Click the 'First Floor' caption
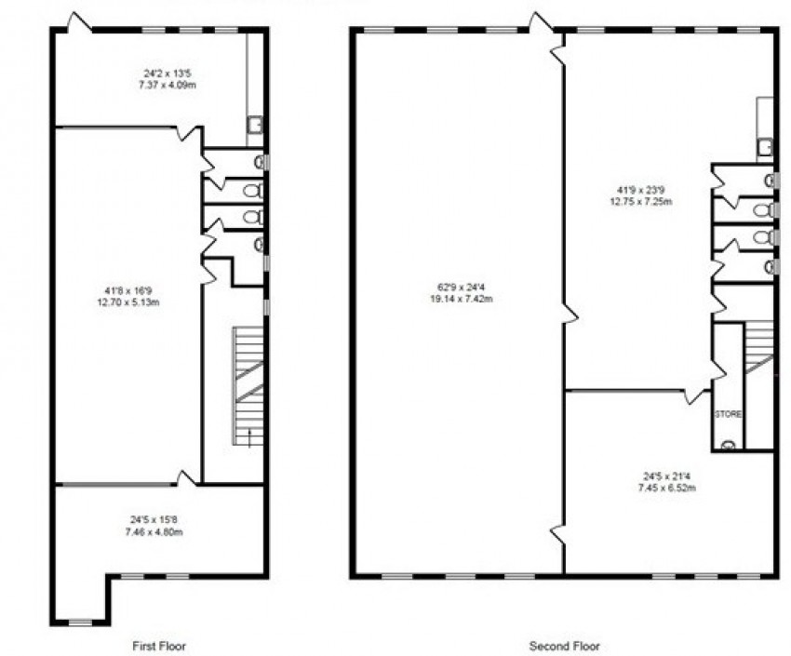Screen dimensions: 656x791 (x=160, y=645)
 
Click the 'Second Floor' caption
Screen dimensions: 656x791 (x=564, y=645)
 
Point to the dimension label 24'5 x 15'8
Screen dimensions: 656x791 (x=155, y=527)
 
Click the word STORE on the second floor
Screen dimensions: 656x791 (x=727, y=414)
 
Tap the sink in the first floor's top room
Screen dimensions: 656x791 (x=255, y=124)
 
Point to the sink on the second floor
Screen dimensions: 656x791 (x=765, y=146)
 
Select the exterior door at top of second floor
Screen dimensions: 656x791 (x=540, y=21)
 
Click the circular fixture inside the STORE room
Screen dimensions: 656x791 (x=727, y=444)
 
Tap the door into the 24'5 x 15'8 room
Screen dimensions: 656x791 (x=186, y=477)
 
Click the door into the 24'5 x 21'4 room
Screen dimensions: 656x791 (x=695, y=395)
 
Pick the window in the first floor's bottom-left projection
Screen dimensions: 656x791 (x=80, y=621)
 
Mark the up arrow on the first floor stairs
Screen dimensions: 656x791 (x=248, y=437)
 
